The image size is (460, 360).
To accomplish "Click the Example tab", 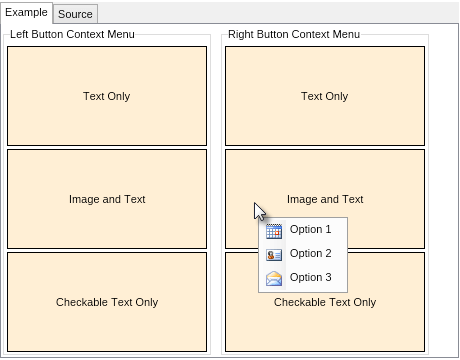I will tap(27, 13).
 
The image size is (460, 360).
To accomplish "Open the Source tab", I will tap(75, 14).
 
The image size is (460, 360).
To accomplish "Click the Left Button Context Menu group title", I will tap(72, 34).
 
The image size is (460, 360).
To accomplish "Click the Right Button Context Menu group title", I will tap(293, 34).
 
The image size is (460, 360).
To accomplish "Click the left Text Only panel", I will tap(107, 96).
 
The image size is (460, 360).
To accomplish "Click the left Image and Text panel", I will tap(107, 199).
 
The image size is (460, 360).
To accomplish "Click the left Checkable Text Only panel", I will tap(107, 302).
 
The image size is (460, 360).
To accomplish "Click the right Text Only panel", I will tap(325, 96).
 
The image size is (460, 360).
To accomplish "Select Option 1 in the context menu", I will tap(310, 230).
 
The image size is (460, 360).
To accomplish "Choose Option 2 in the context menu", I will tap(310, 254).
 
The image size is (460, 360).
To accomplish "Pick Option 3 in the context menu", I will tap(310, 278).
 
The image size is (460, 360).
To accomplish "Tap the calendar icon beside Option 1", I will tap(274, 230).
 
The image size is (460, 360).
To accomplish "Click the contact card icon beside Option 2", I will tap(274, 254).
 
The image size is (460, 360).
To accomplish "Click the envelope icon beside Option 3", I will tap(274, 278).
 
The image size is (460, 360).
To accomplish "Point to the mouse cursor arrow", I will tap(259, 211).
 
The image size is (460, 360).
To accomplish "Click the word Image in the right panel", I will tap(302, 199).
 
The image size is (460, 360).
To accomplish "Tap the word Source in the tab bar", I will tap(75, 14).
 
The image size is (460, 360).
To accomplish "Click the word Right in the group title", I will tap(241, 34).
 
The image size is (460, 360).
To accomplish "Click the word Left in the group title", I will tap(20, 34).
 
